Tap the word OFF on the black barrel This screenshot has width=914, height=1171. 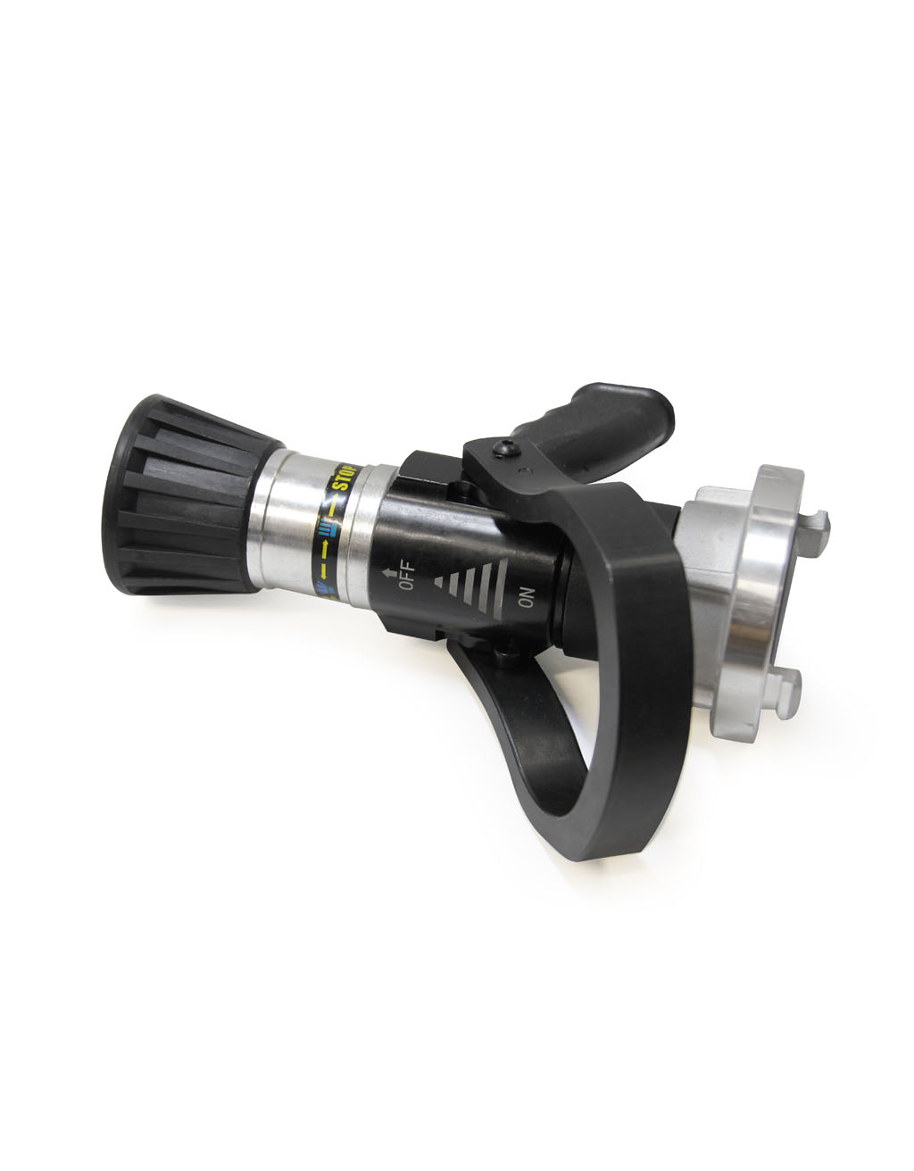pos(407,575)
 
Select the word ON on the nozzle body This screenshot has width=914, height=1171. pos(527,597)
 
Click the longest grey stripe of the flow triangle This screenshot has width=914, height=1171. pos(500,589)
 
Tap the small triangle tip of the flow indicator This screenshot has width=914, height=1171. pos(438,581)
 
